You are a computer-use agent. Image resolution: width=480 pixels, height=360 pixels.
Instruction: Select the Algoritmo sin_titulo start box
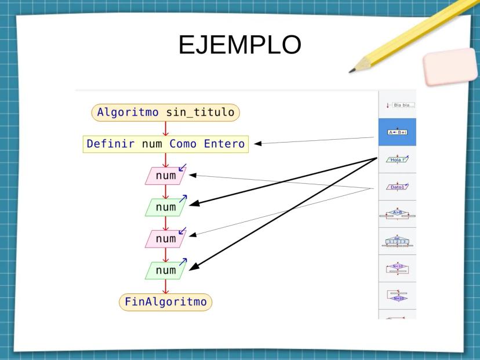(x=166, y=112)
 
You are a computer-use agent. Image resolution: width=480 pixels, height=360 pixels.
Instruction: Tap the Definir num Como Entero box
(x=166, y=144)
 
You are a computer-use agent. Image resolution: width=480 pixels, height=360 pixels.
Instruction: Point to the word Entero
(x=224, y=144)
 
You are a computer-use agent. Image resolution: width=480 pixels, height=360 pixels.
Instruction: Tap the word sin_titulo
(x=200, y=112)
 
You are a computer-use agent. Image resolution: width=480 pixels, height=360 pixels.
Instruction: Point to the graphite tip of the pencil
(x=351, y=71)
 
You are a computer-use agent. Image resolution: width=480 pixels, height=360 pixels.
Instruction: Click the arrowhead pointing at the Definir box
(x=259, y=143)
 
